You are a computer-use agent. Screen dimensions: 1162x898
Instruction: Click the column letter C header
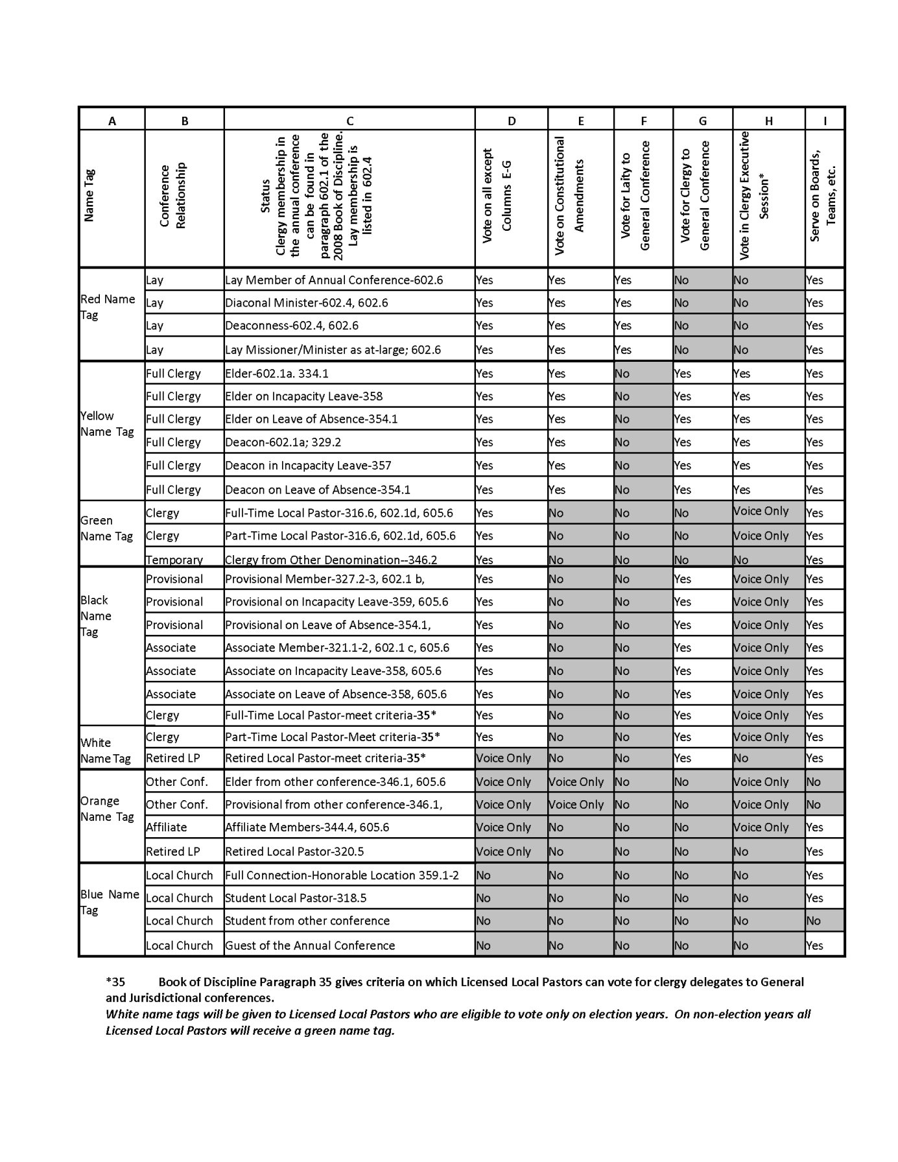point(349,121)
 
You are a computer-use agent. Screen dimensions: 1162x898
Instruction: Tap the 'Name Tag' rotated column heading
point(89,196)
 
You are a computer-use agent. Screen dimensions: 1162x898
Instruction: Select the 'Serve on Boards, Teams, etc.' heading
point(823,196)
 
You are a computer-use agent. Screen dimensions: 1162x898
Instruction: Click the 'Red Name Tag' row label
point(108,307)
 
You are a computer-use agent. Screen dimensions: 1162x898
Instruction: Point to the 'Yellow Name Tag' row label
point(107,423)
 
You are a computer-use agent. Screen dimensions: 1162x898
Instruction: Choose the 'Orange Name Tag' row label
point(107,809)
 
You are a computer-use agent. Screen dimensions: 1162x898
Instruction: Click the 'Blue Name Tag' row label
point(110,902)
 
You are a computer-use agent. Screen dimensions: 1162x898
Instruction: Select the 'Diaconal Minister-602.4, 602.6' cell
point(306,303)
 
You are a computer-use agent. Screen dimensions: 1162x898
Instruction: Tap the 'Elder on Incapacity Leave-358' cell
point(303,396)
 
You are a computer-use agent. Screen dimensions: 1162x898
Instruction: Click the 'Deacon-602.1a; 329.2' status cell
point(283,442)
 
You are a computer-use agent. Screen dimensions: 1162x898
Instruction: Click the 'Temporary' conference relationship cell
point(174,560)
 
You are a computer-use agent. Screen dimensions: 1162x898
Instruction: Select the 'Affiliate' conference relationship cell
point(167,827)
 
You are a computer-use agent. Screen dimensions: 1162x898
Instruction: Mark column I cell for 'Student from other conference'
point(814,921)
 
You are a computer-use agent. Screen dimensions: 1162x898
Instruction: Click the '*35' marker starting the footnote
point(115,982)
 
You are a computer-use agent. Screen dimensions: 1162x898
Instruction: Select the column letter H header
point(768,121)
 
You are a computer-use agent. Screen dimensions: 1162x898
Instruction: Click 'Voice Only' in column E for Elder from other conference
point(576,782)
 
